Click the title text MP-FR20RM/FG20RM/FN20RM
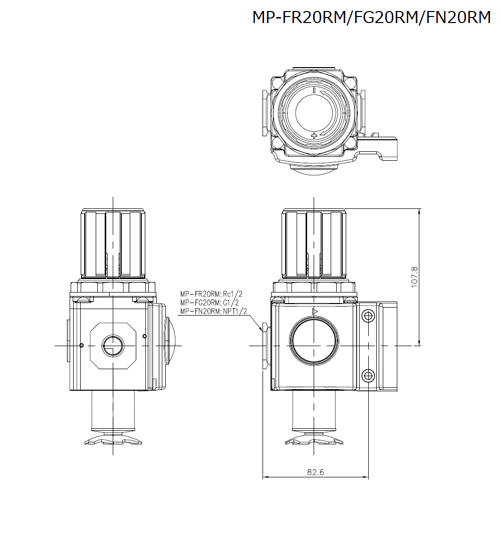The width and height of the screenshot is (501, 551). (x=371, y=18)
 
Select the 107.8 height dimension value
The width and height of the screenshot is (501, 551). (x=414, y=277)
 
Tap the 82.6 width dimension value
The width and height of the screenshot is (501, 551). (x=315, y=472)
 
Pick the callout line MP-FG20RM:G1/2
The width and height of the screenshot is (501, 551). (x=209, y=303)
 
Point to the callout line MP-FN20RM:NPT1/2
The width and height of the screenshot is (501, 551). (x=214, y=311)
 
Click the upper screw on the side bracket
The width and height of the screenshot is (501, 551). (x=368, y=316)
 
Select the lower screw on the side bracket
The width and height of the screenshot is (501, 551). (x=368, y=375)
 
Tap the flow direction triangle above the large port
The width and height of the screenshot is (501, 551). (x=315, y=312)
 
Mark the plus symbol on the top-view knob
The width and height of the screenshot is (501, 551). (x=314, y=136)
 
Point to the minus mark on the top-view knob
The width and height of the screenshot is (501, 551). (x=314, y=91)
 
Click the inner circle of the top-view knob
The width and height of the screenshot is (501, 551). (x=314, y=113)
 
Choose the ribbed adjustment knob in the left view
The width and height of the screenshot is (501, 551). (x=113, y=244)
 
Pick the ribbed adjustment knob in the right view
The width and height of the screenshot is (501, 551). (x=314, y=244)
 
